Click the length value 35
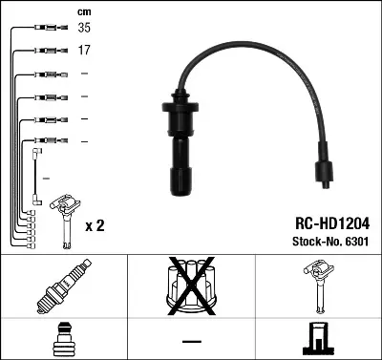tap(85, 30)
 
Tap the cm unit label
tap(83, 11)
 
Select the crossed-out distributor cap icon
tap(190, 286)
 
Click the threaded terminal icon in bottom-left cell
tap(63, 338)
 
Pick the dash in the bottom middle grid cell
tap(190, 341)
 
